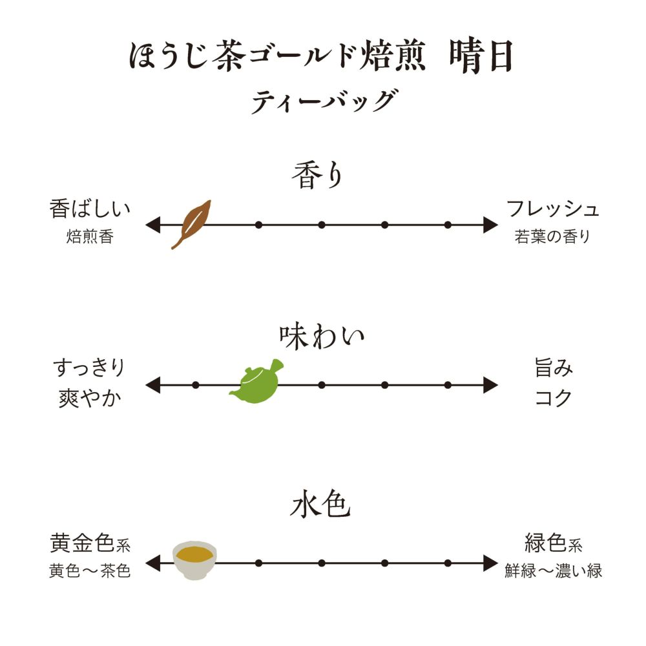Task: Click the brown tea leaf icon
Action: [191, 224]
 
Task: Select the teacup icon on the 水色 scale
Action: [195, 559]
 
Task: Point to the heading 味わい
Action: [322, 337]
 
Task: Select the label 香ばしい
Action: [90, 209]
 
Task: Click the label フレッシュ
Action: [553, 209]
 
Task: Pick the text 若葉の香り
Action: [553, 237]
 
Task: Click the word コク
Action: [554, 398]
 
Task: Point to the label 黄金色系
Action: [90, 544]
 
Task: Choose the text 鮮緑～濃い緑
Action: [554, 572]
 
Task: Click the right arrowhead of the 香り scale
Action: [490, 225]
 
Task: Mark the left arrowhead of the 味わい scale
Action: [152, 385]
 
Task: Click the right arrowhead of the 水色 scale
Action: [490, 563]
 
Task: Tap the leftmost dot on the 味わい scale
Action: [196, 385]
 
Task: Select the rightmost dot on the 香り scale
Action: [448, 225]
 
